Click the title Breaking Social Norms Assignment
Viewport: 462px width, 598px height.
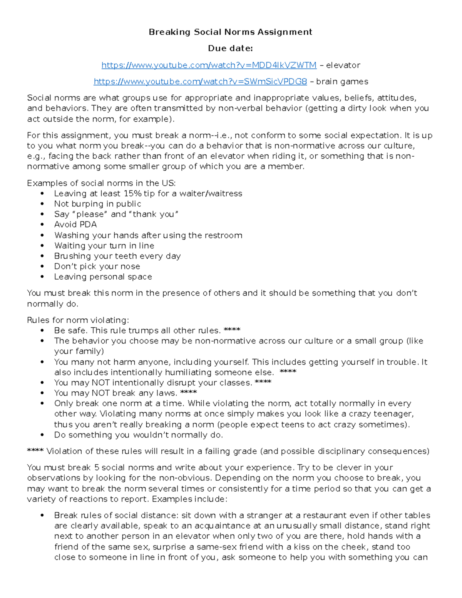(230, 32)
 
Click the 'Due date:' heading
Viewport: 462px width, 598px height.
(230, 49)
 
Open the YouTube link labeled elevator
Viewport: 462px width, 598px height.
(209, 65)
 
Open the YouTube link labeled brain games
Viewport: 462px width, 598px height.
(200, 82)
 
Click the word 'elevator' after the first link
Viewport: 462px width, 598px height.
(343, 65)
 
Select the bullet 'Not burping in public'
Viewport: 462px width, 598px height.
(97, 204)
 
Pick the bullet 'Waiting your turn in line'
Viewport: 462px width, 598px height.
(104, 246)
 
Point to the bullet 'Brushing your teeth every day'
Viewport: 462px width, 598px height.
(117, 256)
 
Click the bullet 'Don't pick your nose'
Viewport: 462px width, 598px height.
(97, 266)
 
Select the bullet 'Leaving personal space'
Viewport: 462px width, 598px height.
(103, 277)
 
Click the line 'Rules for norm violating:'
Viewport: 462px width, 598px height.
(78, 320)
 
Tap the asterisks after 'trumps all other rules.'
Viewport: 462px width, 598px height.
(232, 330)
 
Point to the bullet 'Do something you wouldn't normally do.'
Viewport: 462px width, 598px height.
(138, 435)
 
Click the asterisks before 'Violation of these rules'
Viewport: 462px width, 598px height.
(35, 451)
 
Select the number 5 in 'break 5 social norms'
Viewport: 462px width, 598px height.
(97, 468)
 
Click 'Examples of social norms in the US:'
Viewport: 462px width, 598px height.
(101, 183)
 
